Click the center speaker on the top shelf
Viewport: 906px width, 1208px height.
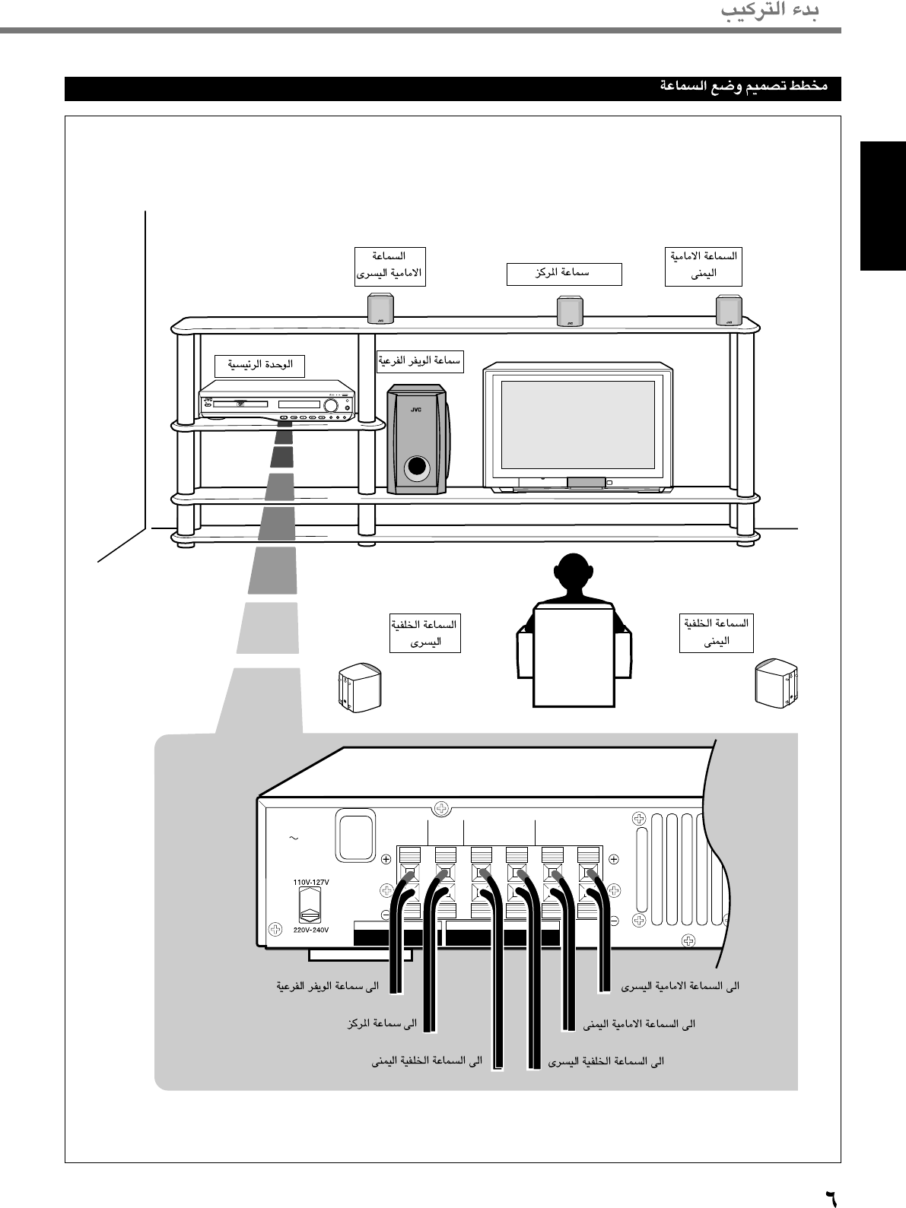(570, 311)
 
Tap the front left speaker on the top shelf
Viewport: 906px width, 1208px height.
(381, 309)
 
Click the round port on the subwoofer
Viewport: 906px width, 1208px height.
(416, 468)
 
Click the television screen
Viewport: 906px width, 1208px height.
(578, 424)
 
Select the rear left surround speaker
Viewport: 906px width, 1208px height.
(359, 686)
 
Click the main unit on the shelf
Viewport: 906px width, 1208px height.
(278, 405)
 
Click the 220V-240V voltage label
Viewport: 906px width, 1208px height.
(310, 930)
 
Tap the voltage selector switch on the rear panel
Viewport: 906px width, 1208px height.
(310, 906)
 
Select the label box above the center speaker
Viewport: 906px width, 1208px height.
(564, 274)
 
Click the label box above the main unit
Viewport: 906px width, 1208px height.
(259, 366)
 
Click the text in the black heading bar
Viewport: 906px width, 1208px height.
(743, 87)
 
